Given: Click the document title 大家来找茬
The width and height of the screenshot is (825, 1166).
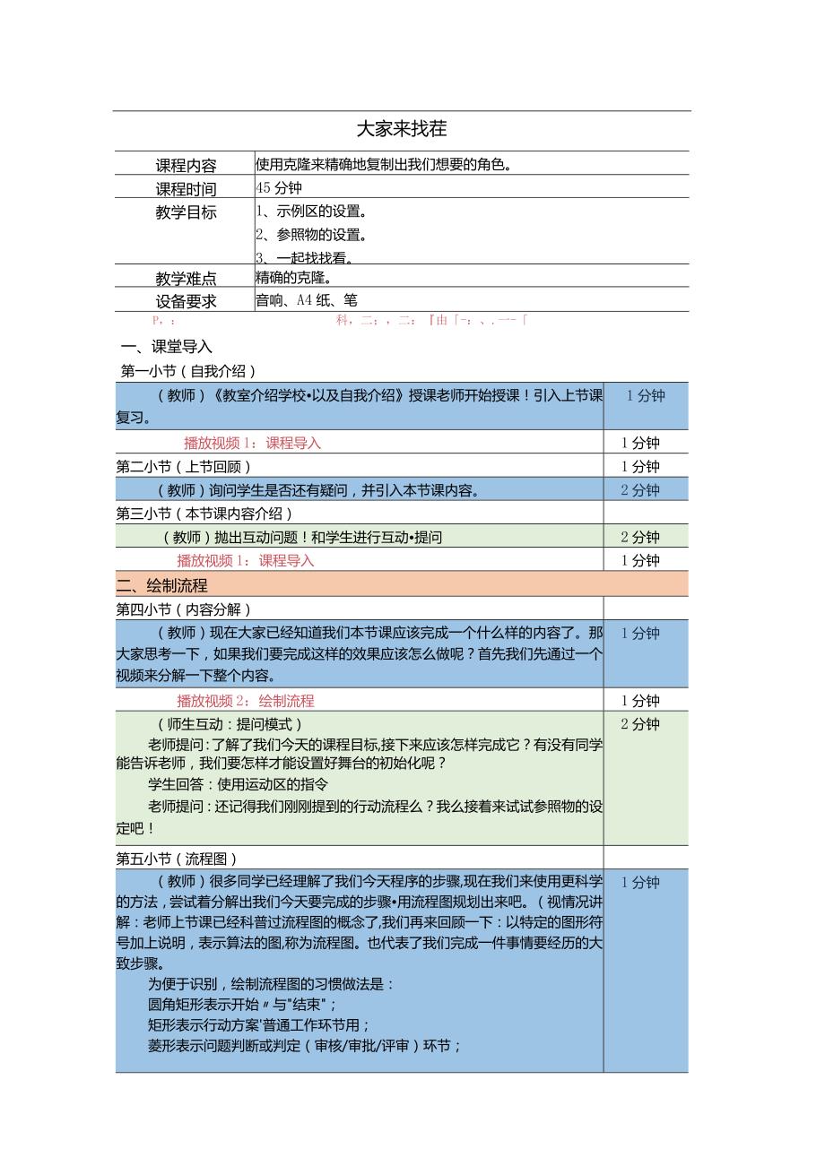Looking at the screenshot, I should coord(401,129).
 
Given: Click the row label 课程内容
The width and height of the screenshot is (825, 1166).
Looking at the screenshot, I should coord(186,165).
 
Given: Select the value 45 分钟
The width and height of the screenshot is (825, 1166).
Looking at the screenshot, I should coord(279,188).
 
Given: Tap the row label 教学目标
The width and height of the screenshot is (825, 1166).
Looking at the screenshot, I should coord(186,212).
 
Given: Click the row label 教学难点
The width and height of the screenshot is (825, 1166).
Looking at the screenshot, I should coord(186,279).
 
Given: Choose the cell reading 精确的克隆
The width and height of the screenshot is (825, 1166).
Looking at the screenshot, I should coord(294,278).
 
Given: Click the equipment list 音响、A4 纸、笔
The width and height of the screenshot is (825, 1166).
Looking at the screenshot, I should coord(307,301).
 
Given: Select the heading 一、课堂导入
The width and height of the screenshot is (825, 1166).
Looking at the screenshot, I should coord(166,348).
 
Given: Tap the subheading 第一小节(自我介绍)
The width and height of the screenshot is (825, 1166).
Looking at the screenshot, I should coord(189,371).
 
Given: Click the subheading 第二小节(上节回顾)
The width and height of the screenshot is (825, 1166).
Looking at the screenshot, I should coord(184,466).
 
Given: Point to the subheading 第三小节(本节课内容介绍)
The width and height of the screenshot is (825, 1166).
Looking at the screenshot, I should coord(205,514).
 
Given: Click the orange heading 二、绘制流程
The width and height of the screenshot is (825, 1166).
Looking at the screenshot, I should coord(162,585).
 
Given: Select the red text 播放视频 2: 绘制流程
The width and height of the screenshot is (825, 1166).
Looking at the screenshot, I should coord(246,701).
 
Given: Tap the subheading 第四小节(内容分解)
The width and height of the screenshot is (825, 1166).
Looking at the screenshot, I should coord(184,609).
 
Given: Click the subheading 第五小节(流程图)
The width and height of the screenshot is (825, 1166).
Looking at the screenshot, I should coord(178,858).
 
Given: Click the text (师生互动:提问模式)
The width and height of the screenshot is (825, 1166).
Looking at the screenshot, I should coord(230,724).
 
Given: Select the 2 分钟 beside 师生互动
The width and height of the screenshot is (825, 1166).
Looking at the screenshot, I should coord(639,724).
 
